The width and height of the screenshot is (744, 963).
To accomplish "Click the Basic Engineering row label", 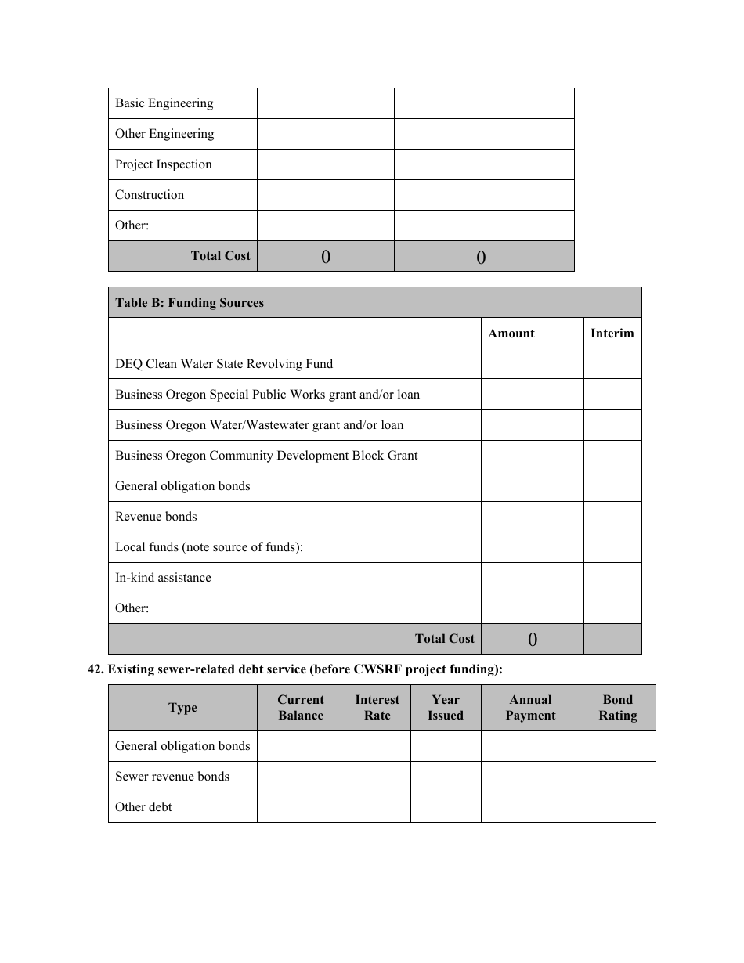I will (164, 103).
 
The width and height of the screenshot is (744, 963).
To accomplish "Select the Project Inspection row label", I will (163, 164).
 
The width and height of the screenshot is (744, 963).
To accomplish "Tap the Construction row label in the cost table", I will (150, 195).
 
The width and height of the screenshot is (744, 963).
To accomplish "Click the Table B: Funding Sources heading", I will (190, 303).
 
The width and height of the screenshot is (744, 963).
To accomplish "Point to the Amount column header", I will (511, 334).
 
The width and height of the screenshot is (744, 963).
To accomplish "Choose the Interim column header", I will (612, 334).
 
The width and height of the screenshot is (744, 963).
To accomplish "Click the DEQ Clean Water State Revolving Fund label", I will (224, 364).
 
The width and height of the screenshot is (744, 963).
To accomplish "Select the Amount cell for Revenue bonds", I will (532, 517).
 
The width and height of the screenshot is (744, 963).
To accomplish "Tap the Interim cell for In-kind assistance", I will (612, 578).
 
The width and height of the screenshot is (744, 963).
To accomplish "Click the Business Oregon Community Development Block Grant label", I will (266, 456).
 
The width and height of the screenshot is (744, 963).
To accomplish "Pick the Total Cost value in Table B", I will (533, 639).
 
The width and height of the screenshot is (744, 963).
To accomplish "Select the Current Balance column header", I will (301, 708).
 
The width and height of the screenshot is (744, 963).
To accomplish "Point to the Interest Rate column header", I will (377, 708).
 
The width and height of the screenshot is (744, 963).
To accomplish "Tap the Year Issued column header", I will (446, 708).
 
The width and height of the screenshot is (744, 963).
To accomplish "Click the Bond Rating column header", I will (617, 708).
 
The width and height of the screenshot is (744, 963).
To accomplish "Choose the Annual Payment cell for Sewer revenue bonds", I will (530, 777).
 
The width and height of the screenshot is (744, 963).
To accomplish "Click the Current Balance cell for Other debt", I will (301, 807).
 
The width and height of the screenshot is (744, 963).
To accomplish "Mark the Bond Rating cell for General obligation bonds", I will (617, 746).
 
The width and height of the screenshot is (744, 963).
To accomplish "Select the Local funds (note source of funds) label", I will (209, 547).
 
